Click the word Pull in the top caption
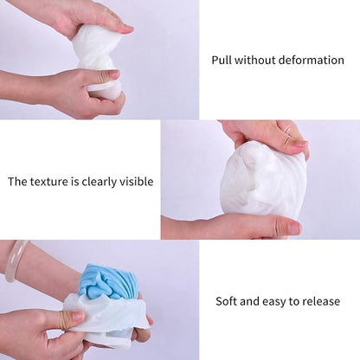[222, 60]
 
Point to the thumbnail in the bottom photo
[77, 315]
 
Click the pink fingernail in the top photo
[127, 29]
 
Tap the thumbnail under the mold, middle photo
[293, 228]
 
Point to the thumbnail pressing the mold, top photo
[113, 74]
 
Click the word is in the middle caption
[74, 182]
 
